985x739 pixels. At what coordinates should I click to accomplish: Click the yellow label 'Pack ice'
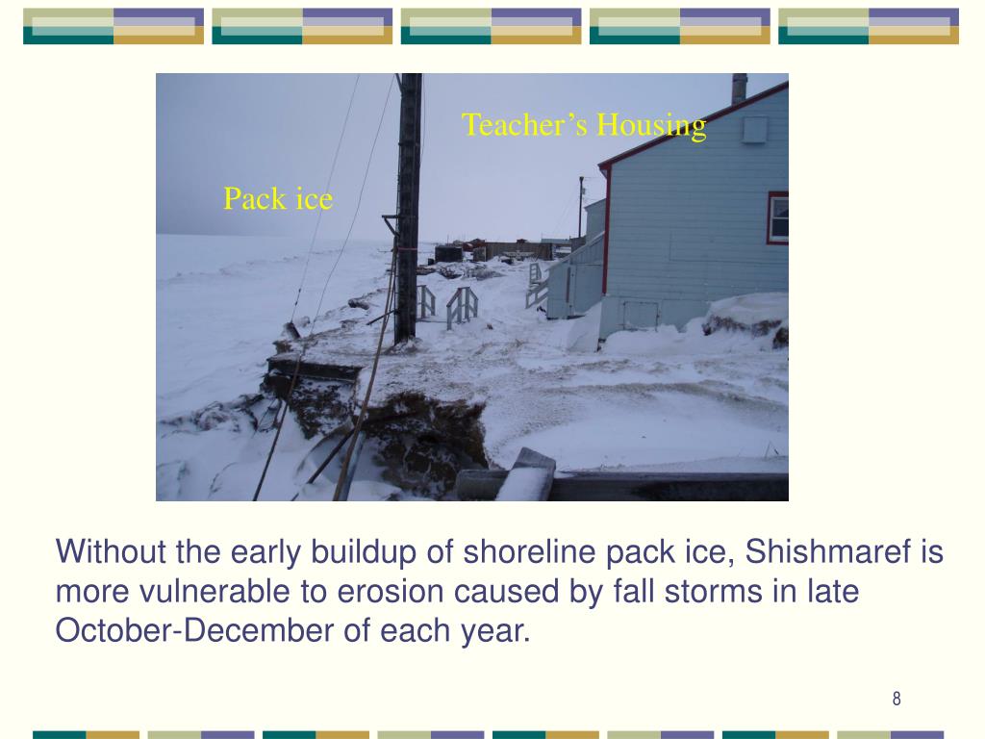278,199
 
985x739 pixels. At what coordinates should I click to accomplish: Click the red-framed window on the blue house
777,217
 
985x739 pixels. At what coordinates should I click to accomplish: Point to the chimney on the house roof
739,89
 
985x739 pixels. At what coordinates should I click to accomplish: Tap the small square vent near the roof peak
754,129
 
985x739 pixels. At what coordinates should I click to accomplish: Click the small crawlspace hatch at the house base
640,314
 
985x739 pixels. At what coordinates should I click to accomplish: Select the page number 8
897,699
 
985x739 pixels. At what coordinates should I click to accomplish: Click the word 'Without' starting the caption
112,553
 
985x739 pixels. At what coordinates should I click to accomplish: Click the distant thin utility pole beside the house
581,207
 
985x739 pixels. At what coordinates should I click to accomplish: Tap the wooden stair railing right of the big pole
462,306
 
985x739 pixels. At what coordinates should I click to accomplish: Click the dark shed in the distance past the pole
448,254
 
